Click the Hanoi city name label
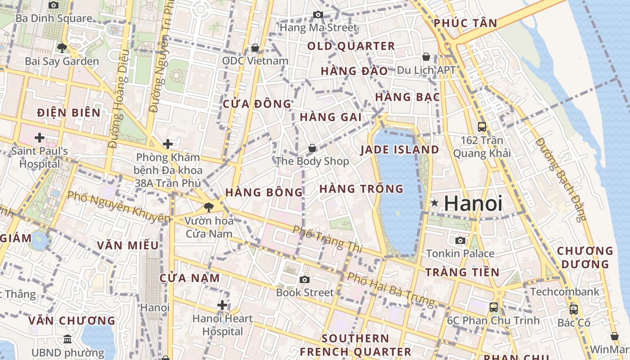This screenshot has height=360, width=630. [472, 203]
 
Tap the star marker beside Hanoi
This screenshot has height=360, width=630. [434, 203]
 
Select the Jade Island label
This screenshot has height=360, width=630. [400, 150]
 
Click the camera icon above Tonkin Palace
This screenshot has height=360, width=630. [460, 240]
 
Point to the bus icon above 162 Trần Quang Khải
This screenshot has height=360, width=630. [481, 127]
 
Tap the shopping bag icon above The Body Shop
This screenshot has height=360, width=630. [312, 148]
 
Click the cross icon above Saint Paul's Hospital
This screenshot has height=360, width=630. [40, 137]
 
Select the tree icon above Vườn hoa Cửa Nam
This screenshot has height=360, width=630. [208, 207]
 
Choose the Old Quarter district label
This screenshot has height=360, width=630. [351, 46]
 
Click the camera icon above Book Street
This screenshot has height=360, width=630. [305, 279]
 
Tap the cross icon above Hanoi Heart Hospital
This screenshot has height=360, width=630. [222, 306]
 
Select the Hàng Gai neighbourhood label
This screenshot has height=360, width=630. [331, 117]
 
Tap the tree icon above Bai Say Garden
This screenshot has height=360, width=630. [62, 48]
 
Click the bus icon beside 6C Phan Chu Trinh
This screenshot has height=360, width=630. [494, 307]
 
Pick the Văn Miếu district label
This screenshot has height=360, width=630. [128, 245]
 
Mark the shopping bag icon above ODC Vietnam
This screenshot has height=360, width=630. [255, 48]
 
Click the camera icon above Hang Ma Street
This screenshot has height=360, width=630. [318, 14]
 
